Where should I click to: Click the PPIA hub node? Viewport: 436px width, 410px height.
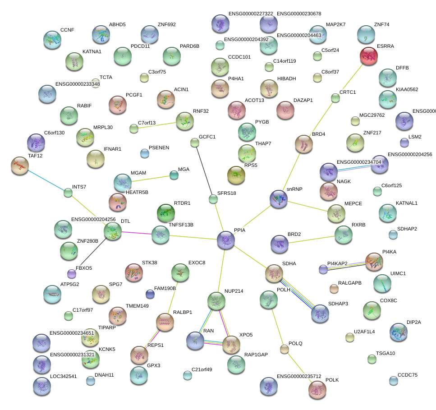[226, 240]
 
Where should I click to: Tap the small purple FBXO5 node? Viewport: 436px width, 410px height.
[71, 273]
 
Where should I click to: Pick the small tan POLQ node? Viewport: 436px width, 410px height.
[284, 349]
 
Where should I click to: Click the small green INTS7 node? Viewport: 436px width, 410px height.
[68, 193]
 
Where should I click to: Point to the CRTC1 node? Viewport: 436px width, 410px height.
[335, 98]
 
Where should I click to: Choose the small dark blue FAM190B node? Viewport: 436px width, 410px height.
[150, 295]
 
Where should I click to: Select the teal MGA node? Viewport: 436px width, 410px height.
[174, 175]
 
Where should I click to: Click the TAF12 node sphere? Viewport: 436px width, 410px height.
[19, 166]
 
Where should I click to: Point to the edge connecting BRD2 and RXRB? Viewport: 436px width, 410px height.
[311, 239]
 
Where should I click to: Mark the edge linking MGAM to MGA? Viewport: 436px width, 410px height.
[149, 179]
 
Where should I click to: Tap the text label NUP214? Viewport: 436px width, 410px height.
[234, 291]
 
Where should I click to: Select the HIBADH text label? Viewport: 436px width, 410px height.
[287, 78]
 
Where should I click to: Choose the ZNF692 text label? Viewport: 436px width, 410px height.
[166, 25]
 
